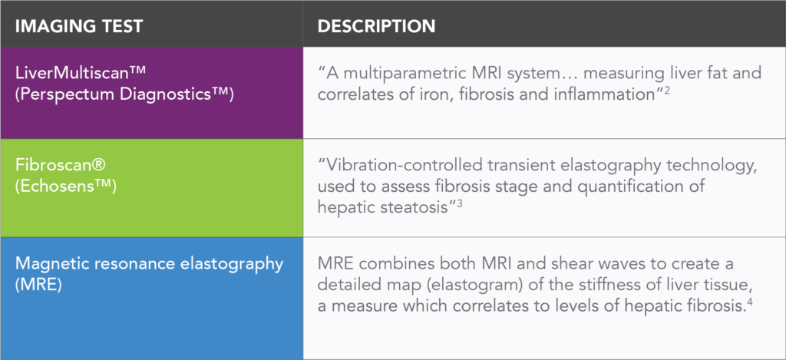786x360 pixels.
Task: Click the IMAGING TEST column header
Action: point(80,26)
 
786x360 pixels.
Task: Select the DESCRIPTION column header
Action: point(376,26)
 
